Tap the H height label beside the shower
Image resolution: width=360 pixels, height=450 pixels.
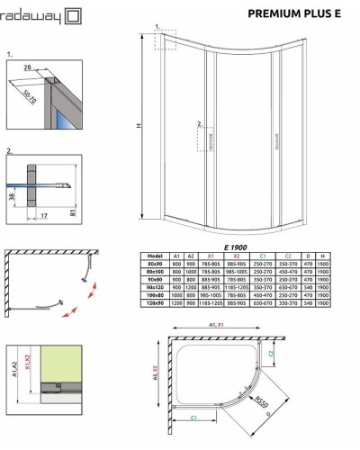(x=139, y=126)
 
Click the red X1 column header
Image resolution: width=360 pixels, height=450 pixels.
(x=211, y=255)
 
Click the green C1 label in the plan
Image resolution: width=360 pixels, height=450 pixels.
(x=194, y=418)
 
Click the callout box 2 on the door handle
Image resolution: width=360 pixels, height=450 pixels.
(x=200, y=126)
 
